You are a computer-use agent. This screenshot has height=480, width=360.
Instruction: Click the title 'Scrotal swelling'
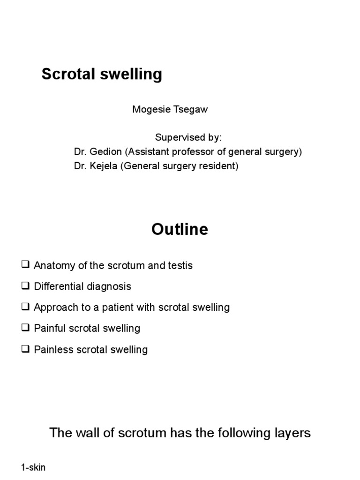click(102, 74)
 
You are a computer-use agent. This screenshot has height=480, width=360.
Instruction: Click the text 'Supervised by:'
click(188, 138)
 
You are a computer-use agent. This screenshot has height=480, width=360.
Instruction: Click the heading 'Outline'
click(180, 230)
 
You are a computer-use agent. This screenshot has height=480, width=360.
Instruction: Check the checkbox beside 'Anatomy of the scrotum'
click(25, 265)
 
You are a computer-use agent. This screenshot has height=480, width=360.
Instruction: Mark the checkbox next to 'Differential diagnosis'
click(25, 286)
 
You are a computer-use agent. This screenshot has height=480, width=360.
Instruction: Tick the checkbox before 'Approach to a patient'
click(25, 307)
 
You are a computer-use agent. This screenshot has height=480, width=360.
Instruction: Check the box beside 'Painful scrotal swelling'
click(25, 328)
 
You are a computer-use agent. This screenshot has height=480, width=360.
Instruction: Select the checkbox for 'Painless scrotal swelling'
click(25, 349)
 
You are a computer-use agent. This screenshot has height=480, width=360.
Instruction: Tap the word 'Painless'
click(52, 350)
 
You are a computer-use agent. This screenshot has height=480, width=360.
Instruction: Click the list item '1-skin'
click(33, 467)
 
